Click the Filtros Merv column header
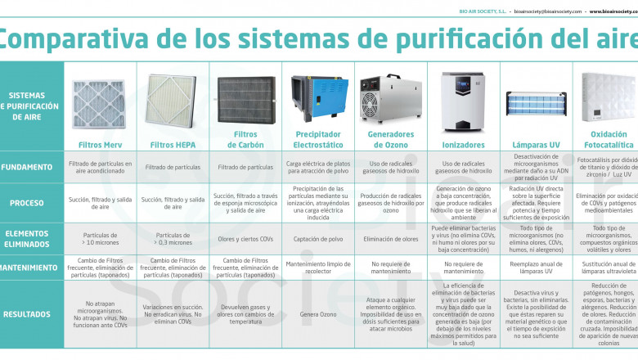click(x=101, y=145)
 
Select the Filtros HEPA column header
click(x=173, y=145)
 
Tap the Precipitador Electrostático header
click(x=318, y=139)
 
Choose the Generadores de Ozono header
click(x=390, y=139)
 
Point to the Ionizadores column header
click(x=463, y=145)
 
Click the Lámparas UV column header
click(x=535, y=145)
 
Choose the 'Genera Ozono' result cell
click(x=318, y=314)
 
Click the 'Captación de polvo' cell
click(x=318, y=238)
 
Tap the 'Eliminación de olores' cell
click(x=390, y=238)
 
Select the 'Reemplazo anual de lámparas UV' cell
click(x=535, y=268)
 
